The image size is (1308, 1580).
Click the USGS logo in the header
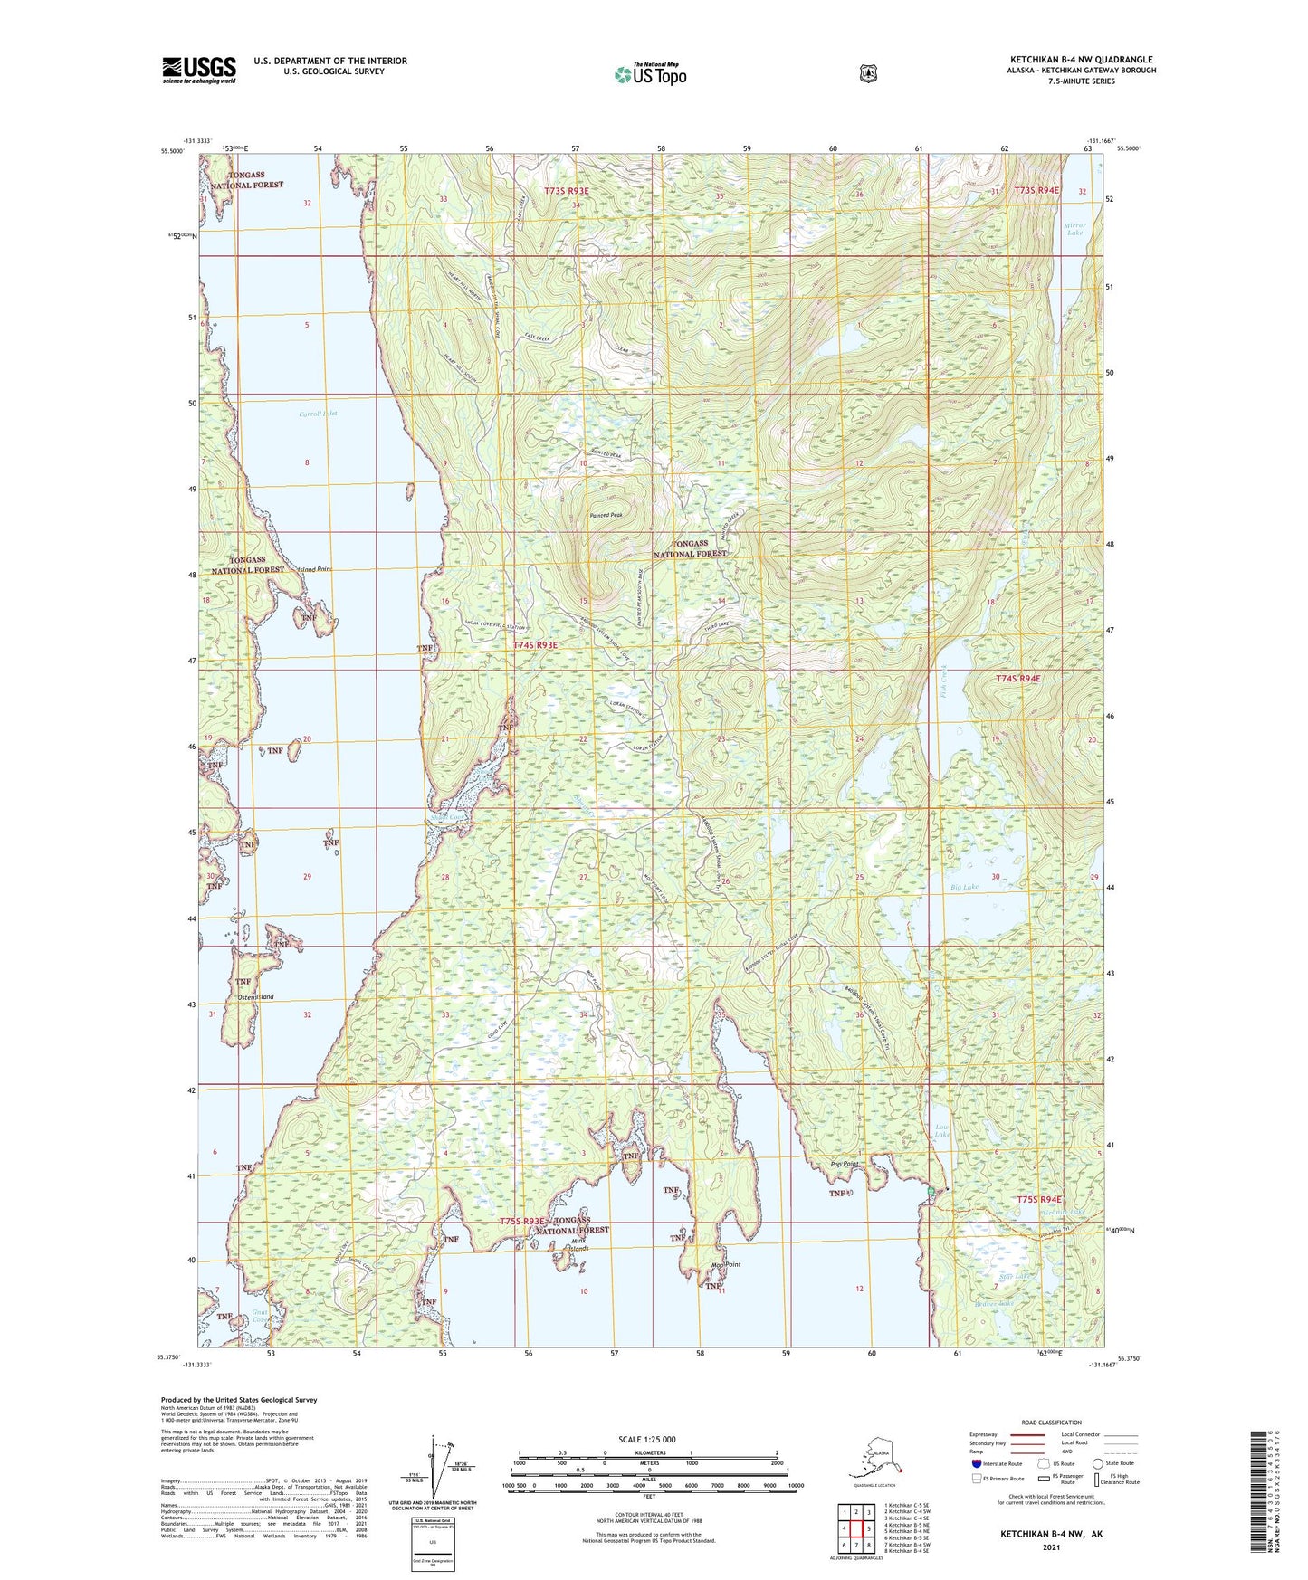click(199, 70)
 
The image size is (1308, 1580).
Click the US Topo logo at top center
click(649, 74)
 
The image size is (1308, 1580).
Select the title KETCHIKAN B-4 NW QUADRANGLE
click(1081, 60)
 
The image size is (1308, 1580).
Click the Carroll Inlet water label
click(318, 414)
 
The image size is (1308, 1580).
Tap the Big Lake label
click(964, 887)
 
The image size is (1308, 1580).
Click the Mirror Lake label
click(1074, 229)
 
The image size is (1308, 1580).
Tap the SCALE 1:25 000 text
click(649, 1440)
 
